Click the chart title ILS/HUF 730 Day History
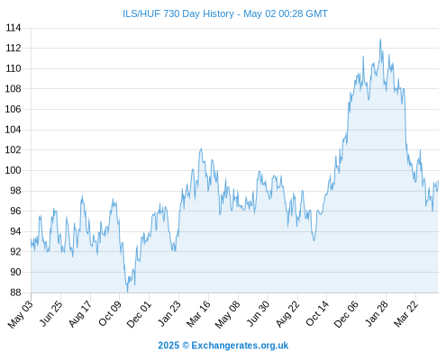pos(178,13)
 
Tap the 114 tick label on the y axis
pos(14,28)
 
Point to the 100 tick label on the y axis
pos(13,170)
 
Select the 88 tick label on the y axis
pos(15,292)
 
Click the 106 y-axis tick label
pos(13,109)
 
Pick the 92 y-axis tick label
pos(15,252)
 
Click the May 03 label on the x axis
pos(20,314)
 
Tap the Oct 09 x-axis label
pos(110,313)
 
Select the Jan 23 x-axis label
pos(169,313)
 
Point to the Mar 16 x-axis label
pos(198,313)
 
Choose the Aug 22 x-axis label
pos(287,313)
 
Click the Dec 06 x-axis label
pos(346,314)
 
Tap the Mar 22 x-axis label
pos(405,313)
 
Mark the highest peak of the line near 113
pos(380,39)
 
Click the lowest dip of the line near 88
pos(127,292)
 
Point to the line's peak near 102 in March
pos(201,148)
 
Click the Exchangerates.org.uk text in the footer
pos(240,346)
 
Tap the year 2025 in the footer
pos(168,346)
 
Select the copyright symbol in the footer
pos(186,346)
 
